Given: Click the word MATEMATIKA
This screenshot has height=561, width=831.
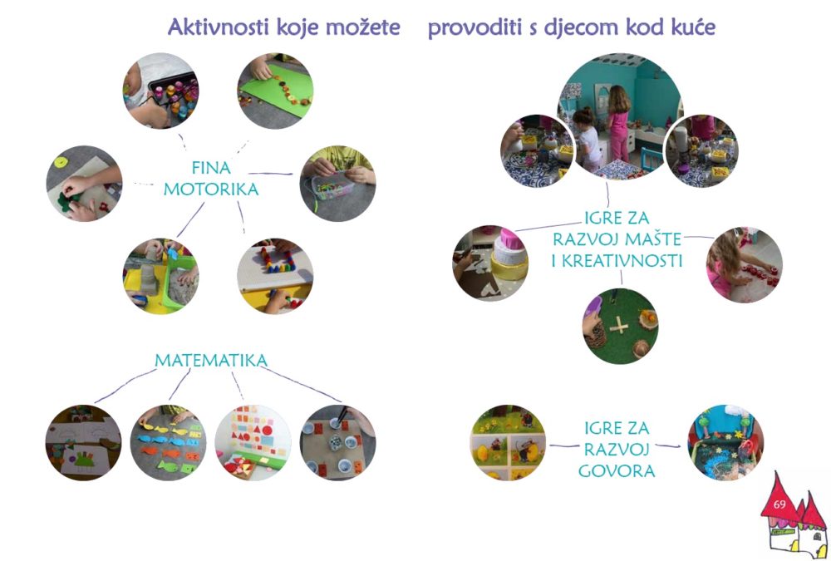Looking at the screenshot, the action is click(211, 361).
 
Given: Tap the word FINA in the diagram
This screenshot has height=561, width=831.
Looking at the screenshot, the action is click(211, 168).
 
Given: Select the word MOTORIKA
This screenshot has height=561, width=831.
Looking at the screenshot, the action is click(211, 189).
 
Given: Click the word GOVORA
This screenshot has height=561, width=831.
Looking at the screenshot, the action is click(617, 471).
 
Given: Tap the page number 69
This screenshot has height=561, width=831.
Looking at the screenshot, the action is click(779, 504).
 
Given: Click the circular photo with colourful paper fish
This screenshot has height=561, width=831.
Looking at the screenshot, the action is click(168, 443).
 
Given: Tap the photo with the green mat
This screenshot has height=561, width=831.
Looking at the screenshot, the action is click(275, 91).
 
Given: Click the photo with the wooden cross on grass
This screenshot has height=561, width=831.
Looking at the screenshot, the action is click(621, 326).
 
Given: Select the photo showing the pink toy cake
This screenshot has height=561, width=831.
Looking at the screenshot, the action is click(490, 263).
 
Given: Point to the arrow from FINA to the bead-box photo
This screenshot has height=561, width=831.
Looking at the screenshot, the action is click(270, 174).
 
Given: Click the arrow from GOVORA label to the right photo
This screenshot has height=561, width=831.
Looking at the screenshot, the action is click(669, 446).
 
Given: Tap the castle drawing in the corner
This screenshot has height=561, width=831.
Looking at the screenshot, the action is click(794, 515).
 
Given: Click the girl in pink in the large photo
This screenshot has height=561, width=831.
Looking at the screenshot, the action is click(618, 124).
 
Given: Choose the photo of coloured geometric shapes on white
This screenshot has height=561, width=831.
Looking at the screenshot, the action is click(253, 443).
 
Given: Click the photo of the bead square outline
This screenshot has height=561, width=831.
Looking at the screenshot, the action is click(275, 276).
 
